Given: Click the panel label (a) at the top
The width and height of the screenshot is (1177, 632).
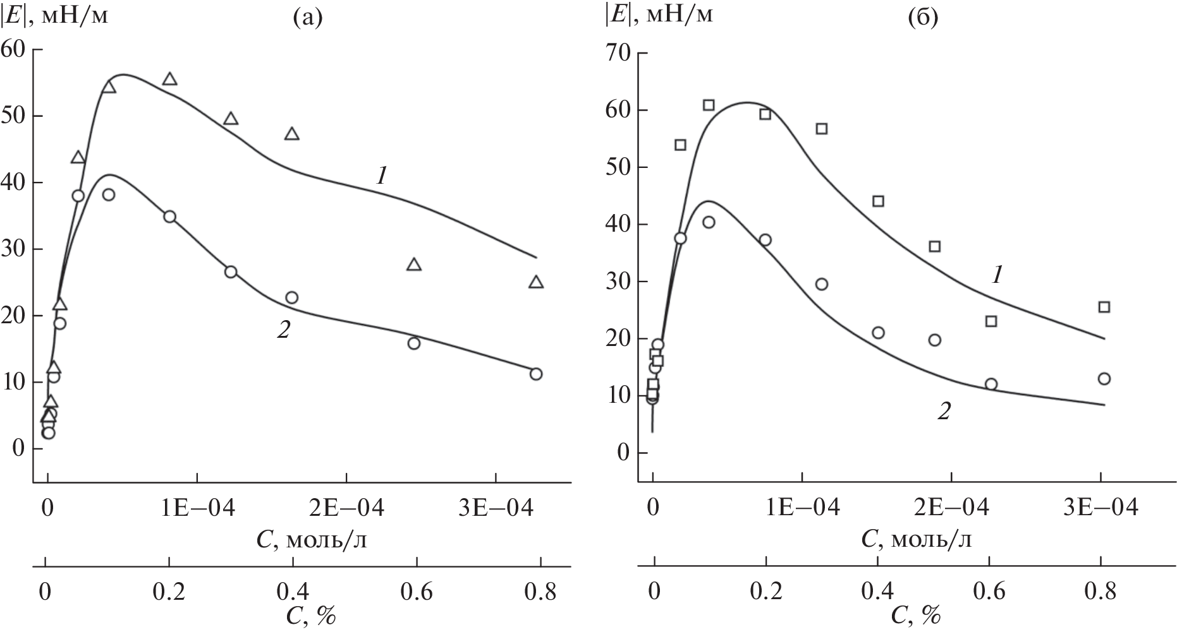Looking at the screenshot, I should coord(308,20).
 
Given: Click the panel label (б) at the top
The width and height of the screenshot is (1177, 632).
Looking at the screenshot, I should coord(923,20).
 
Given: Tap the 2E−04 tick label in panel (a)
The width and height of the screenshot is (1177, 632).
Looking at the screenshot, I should coord(346,508).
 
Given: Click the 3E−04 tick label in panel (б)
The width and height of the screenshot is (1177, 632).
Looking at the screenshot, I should coord(1101,508).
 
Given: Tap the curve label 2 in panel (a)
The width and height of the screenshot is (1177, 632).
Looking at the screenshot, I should coord(283,330).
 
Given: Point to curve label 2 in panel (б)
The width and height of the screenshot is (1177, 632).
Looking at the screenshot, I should coord(943,412).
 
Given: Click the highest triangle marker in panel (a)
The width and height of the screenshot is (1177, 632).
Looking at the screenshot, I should coord(169,79).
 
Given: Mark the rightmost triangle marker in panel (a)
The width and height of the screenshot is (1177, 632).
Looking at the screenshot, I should coord(536,282).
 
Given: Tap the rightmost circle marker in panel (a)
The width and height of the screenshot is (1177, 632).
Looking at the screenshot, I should coord(536,374).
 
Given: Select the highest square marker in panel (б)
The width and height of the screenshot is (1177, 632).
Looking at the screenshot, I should coord(709,105).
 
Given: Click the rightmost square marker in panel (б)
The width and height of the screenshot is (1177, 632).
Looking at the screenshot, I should coord(1104,307).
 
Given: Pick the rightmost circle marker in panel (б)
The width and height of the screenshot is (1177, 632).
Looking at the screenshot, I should coord(1104,379).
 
